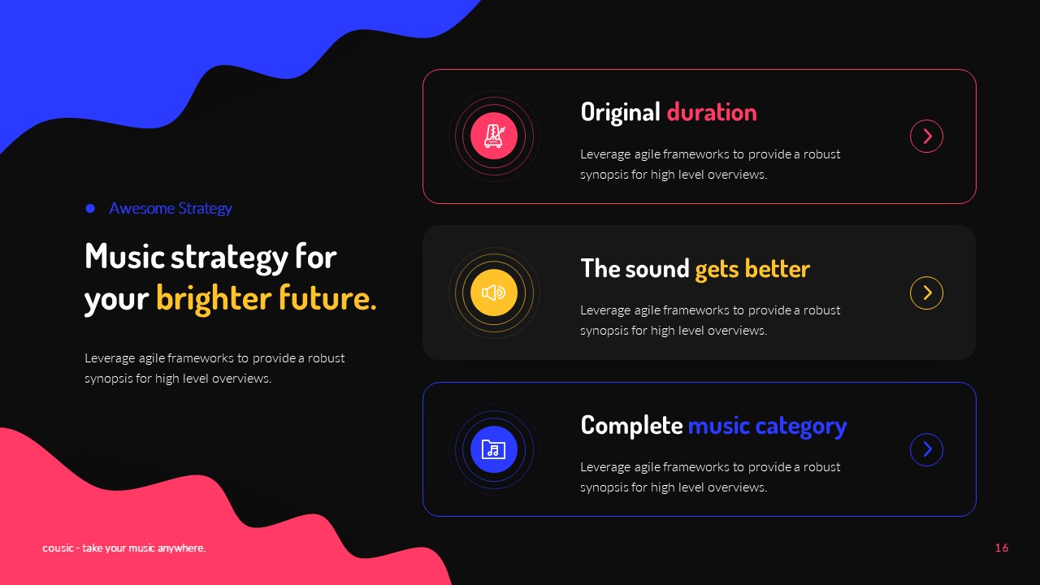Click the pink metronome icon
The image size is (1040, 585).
click(x=493, y=136)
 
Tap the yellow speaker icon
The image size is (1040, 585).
click(x=493, y=292)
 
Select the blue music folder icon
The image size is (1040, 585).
click(x=493, y=449)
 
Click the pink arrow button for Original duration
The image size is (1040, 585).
click(x=926, y=136)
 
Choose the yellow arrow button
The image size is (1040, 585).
click(x=926, y=293)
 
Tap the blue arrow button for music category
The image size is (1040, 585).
click(x=926, y=450)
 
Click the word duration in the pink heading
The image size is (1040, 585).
click(x=711, y=112)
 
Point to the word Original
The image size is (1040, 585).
click(x=620, y=112)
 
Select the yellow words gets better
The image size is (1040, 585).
click(x=752, y=269)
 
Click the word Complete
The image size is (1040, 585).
click(x=631, y=425)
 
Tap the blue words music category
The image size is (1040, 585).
click(x=767, y=426)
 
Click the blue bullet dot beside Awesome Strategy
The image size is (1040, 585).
click(x=90, y=209)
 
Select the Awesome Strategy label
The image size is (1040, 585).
click(x=171, y=209)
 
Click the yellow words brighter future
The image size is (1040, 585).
click(x=266, y=298)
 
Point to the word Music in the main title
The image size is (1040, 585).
click(x=123, y=257)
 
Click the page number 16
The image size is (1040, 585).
click(x=1001, y=548)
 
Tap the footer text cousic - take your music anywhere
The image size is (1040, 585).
click(x=124, y=548)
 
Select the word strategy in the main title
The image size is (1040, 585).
click(x=229, y=257)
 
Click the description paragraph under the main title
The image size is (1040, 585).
click(x=214, y=368)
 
